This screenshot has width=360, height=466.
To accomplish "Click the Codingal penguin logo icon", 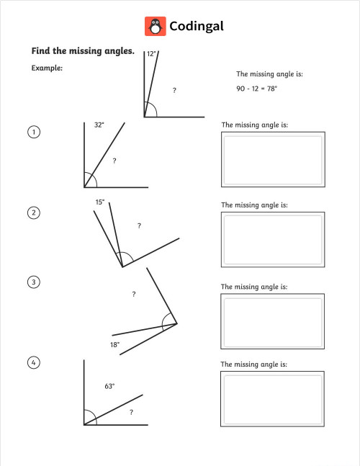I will click(x=154, y=27).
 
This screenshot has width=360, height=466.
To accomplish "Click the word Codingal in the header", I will click(x=197, y=27).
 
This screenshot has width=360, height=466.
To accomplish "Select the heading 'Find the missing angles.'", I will click(x=83, y=51).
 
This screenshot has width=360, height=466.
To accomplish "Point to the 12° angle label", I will click(x=151, y=54).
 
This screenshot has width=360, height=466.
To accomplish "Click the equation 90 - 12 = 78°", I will click(x=256, y=89).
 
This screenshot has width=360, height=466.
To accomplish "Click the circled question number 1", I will click(x=33, y=132).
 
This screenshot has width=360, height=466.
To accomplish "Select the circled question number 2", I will click(x=33, y=212).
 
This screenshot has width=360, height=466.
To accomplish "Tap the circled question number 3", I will click(x=33, y=282).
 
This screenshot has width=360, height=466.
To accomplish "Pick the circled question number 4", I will click(x=33, y=362).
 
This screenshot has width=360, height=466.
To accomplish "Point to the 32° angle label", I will click(x=99, y=125).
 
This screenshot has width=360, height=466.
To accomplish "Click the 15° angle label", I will click(x=100, y=202).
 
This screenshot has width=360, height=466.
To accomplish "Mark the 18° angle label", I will click(x=114, y=345).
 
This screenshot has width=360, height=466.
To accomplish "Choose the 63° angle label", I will click(x=109, y=387).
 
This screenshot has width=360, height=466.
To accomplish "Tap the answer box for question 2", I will click(x=272, y=240).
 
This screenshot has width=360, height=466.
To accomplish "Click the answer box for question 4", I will click(x=272, y=400).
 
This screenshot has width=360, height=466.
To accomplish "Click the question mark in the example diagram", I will click(x=174, y=91).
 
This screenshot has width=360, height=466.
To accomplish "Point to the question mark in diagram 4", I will click(x=131, y=413).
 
